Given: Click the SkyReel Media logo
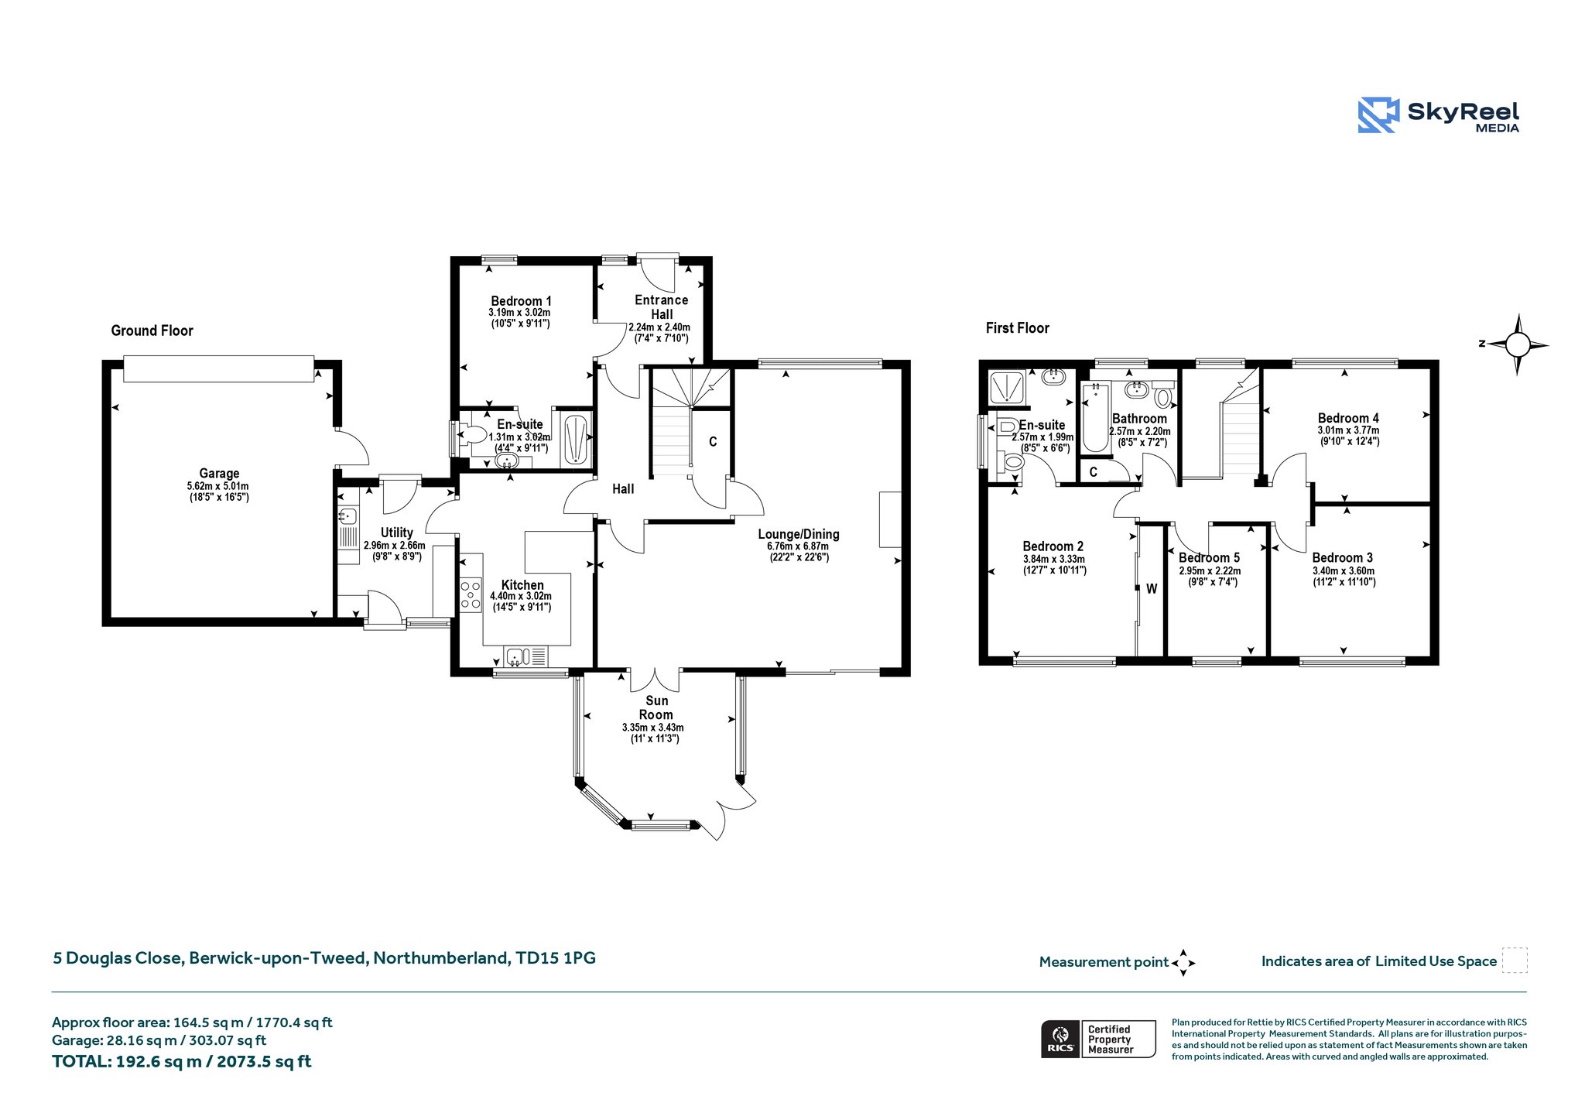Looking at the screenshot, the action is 1439,115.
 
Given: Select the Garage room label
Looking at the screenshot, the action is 219,473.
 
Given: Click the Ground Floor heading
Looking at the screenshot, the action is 152,331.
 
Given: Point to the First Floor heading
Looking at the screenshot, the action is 1017,328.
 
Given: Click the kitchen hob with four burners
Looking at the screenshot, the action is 471,594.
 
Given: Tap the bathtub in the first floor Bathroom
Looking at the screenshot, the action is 1094,416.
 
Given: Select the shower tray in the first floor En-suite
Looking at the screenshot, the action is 1008,387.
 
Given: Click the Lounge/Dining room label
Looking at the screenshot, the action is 799,534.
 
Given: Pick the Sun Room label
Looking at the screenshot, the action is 656,707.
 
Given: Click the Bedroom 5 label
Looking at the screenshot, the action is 1209,557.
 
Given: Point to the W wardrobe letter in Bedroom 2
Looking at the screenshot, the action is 1152,589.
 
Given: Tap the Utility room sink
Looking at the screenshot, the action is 348,515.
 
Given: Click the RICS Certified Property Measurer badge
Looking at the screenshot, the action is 1098,1039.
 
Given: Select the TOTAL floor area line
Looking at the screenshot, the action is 182,1061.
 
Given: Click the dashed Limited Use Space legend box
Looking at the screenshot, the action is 1515,960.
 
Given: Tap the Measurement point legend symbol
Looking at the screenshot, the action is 1183,963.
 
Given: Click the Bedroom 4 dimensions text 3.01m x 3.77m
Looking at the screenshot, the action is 1348,430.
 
